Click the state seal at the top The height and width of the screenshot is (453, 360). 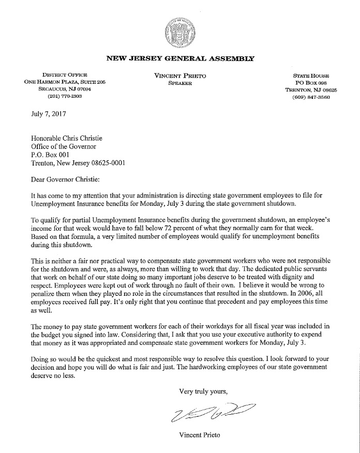pyautogui.click(x=179, y=32)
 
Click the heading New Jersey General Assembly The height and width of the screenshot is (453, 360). pyautogui.click(x=179, y=58)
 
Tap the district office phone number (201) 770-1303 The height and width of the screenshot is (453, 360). pyautogui.click(x=65, y=96)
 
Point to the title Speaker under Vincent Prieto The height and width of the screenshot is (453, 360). pyautogui.click(x=180, y=83)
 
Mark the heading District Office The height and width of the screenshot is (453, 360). pyautogui.click(x=65, y=75)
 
